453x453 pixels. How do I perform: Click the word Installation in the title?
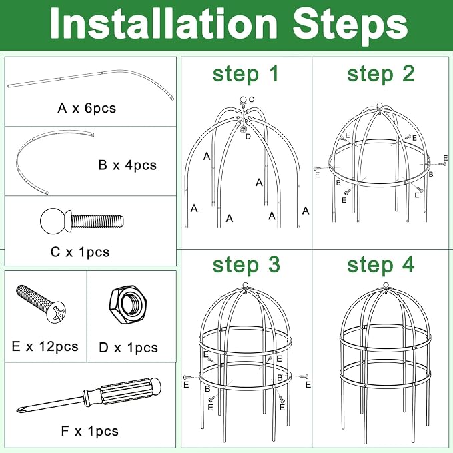164,24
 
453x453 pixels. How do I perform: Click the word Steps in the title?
350,26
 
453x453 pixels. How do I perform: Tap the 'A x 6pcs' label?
87,108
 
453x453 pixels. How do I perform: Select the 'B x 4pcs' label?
127,165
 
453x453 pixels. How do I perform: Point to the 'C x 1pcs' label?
80,252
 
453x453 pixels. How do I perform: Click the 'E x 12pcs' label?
45,346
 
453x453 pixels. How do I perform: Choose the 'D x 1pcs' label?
129,348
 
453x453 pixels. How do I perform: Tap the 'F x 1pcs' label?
90,431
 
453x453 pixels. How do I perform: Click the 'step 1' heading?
246,74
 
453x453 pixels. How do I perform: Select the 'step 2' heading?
381,74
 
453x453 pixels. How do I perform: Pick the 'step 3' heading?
246,265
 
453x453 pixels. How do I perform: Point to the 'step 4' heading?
381,265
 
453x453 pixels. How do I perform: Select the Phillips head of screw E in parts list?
57,312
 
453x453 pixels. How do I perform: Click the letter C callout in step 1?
251,99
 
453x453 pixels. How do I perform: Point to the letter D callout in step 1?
248,137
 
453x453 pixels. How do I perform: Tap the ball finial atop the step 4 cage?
386,286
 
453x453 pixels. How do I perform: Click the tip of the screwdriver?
17,410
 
